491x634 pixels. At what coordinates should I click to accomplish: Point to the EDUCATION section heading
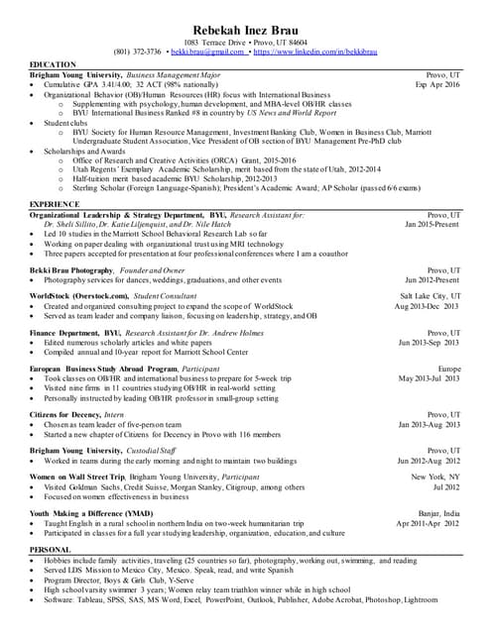pos(52,64)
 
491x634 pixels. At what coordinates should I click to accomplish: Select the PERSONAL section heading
pos(50,549)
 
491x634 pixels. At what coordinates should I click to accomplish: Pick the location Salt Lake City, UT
pos(430,296)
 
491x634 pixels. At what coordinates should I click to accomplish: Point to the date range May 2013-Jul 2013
pos(430,377)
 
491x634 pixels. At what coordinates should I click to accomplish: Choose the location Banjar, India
pos(438,513)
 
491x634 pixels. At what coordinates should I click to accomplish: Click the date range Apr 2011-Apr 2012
pos(428,523)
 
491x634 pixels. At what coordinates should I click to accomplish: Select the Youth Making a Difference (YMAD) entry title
pos(91,513)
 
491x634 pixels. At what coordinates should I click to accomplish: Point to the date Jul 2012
pos(446,486)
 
